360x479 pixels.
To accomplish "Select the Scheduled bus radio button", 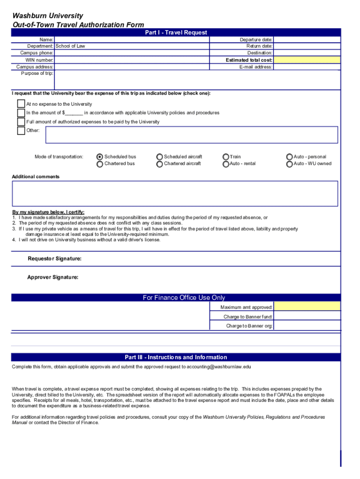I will click(100, 157).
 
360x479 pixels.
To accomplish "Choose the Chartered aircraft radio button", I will click(160, 164).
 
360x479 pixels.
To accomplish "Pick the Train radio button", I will click(226, 157).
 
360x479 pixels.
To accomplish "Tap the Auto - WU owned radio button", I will click(289, 164).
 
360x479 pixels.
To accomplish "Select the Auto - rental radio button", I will click(226, 164).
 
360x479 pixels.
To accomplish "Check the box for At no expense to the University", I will click(21, 104).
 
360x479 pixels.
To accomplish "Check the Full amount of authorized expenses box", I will click(21, 122).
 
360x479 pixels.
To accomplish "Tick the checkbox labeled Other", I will click(21, 131).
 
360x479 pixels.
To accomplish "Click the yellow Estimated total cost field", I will click(307, 60).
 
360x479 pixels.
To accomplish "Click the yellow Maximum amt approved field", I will click(307, 307).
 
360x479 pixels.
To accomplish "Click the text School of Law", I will click(71, 46).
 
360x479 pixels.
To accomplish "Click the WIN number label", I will click(39, 60).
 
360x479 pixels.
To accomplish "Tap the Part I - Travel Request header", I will click(176, 32).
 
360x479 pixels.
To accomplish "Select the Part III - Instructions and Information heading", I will click(176, 357).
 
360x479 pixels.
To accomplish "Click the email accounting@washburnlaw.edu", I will click(219, 367).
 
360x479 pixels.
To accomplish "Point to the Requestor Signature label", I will click(55, 259).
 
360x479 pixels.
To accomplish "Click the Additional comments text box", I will click(175, 193).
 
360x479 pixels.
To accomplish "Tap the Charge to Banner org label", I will click(249, 326).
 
